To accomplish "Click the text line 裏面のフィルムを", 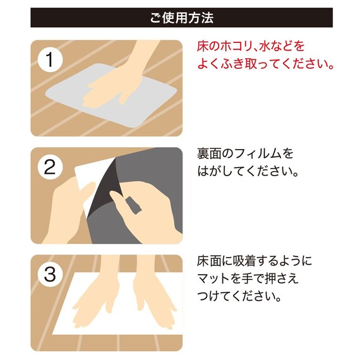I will tap(246, 154).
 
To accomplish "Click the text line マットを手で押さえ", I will tap(248, 279).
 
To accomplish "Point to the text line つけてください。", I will tap(239, 296).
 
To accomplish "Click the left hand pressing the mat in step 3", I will tap(95, 303).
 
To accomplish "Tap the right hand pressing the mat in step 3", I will tap(152, 303).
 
